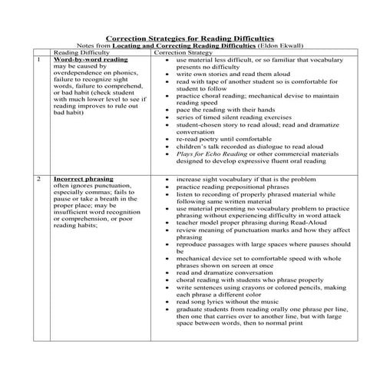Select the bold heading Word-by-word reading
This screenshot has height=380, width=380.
(x=85, y=60)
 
